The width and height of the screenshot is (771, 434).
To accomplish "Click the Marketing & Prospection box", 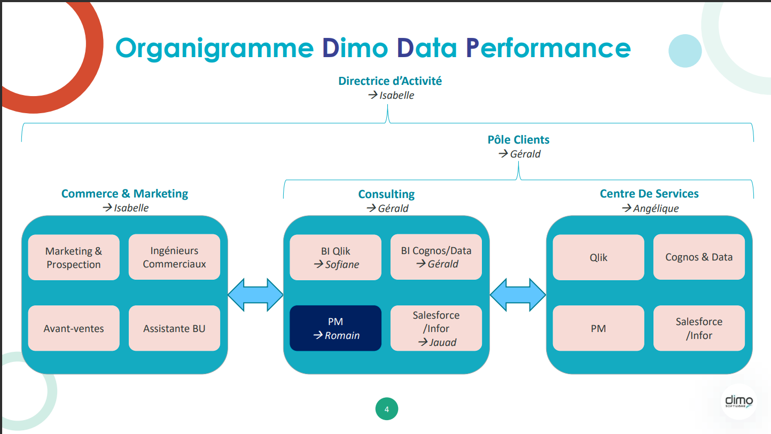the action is [x=74, y=257].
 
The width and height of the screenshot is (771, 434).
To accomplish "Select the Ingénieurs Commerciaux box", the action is [x=174, y=257].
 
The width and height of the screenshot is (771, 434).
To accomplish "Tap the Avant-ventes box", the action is [x=74, y=328].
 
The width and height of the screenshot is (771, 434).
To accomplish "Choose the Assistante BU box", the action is [x=174, y=328].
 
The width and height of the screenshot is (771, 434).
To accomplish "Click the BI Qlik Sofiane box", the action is [x=336, y=257].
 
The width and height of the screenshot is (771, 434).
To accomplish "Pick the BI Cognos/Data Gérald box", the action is [x=436, y=257].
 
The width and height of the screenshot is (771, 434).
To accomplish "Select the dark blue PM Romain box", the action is [x=336, y=328].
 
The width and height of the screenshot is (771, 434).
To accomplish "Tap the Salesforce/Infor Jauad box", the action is [x=436, y=328].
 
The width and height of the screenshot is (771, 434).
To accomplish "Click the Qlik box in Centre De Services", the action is [x=598, y=257].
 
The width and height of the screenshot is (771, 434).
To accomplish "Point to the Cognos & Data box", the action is [x=699, y=257].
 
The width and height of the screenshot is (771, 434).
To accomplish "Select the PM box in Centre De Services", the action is [x=598, y=328].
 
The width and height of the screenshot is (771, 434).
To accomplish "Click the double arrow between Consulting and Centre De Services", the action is [x=518, y=295].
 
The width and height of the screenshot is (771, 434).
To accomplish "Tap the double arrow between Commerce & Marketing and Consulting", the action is [x=255, y=295].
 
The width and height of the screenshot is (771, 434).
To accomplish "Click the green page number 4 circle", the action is [x=386, y=409].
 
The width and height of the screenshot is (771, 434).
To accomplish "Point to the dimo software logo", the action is [x=738, y=401].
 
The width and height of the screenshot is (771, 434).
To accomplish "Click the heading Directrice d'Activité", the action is [x=390, y=81].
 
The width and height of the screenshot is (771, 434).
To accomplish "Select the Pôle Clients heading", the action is [x=518, y=140].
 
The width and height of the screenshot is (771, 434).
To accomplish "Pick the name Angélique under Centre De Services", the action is [x=656, y=208].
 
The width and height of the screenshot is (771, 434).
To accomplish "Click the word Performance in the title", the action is [x=548, y=48].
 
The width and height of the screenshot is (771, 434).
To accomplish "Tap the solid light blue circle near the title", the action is [x=685, y=51].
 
